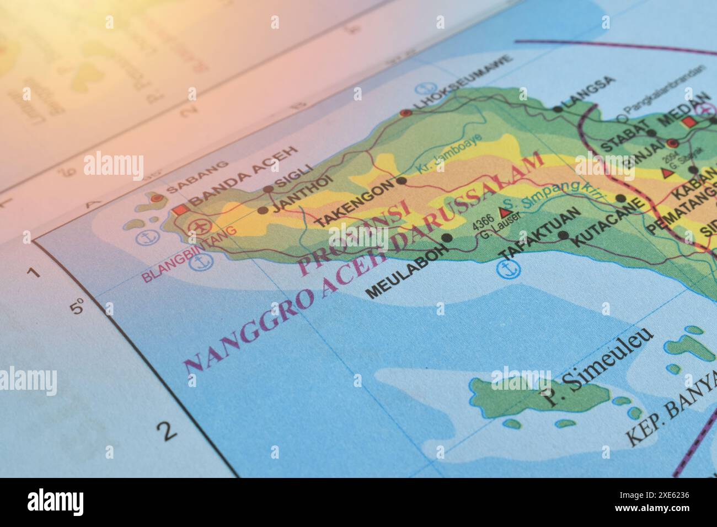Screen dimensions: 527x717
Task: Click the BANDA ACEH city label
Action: (x=243, y=176)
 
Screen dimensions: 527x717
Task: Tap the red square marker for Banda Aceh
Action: (x=180, y=209)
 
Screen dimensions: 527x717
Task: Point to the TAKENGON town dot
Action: (x=402, y=180)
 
